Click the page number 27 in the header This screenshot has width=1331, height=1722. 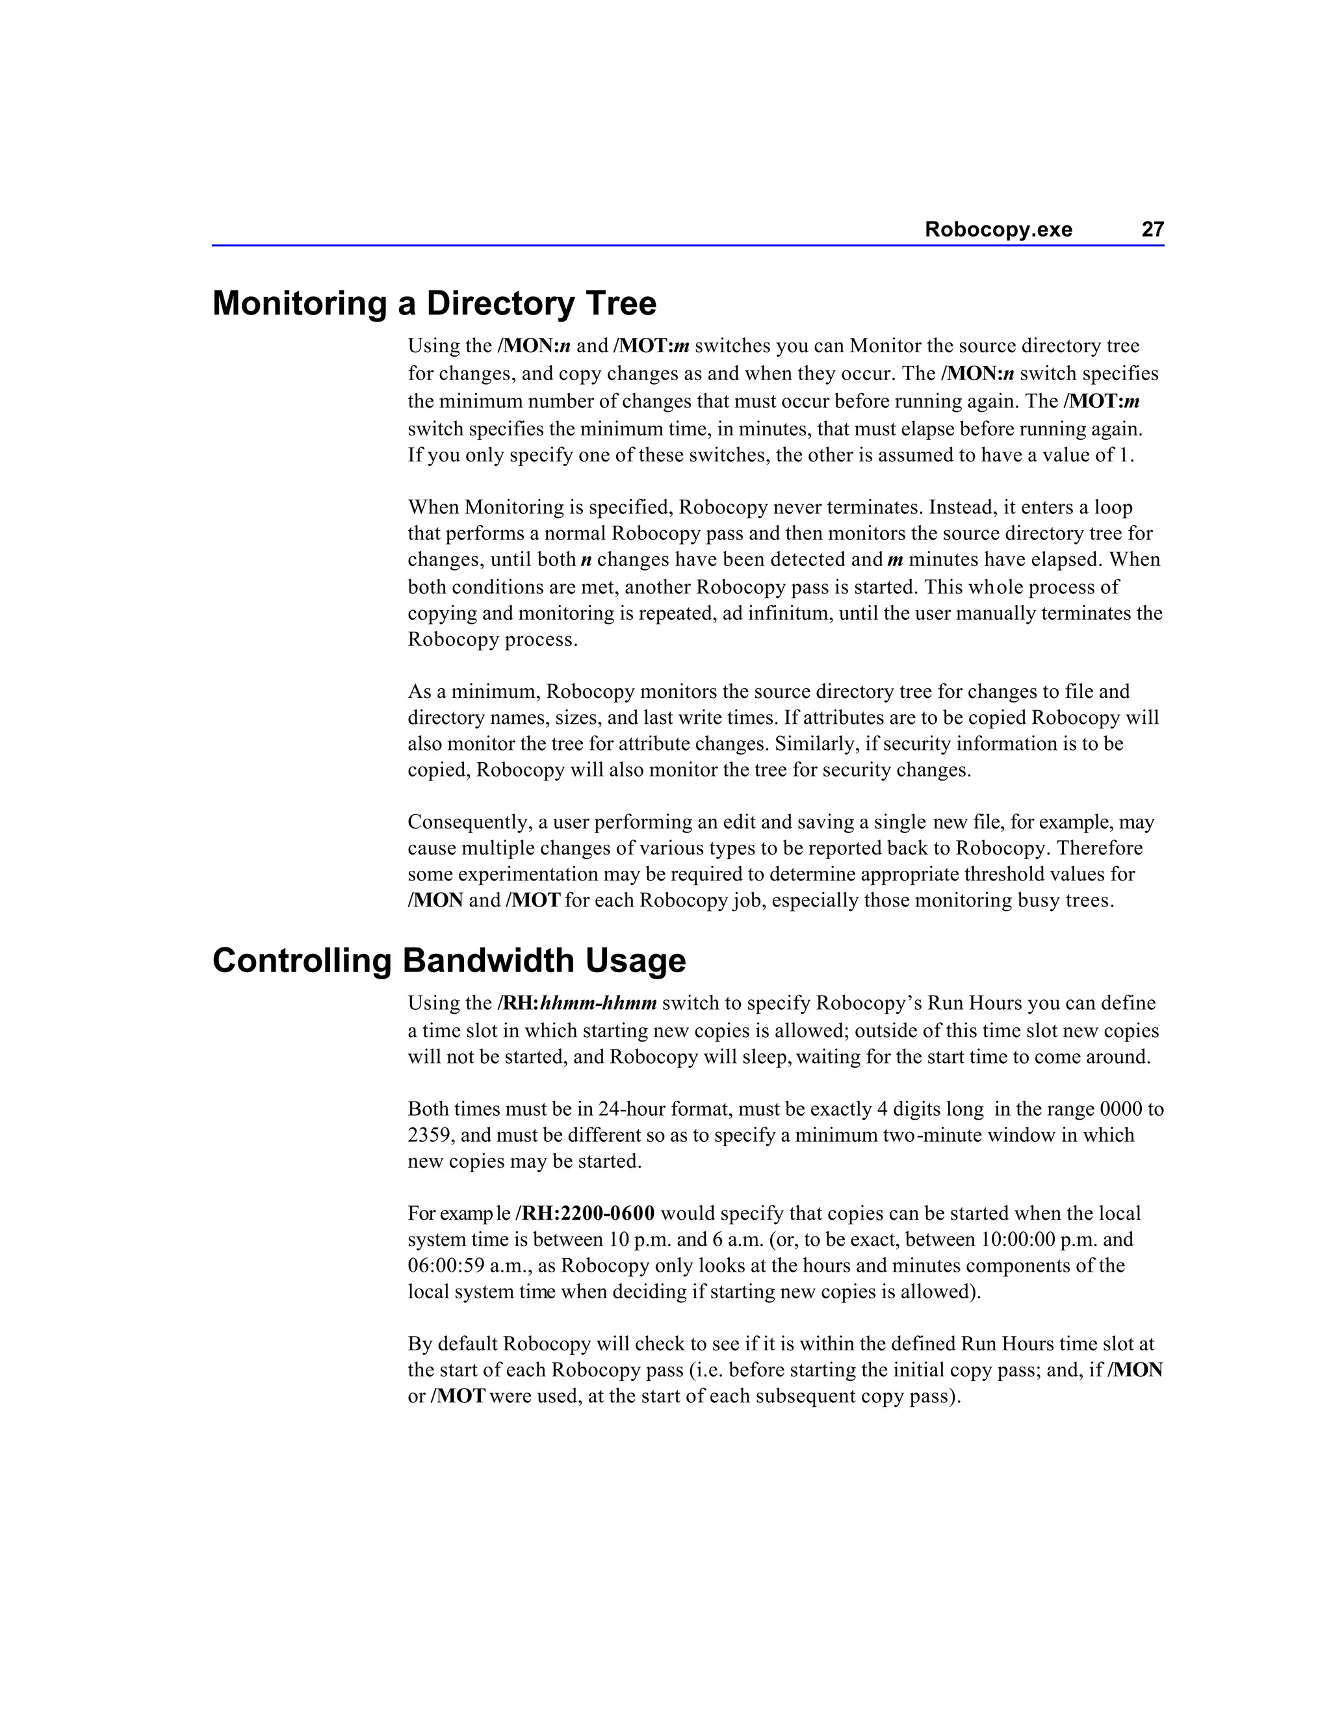click(1152, 229)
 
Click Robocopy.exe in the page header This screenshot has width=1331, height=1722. click(998, 229)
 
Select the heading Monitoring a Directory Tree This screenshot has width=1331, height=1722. click(433, 303)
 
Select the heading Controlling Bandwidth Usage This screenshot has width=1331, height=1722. click(448, 960)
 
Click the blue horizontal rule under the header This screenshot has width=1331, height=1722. click(688, 245)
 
